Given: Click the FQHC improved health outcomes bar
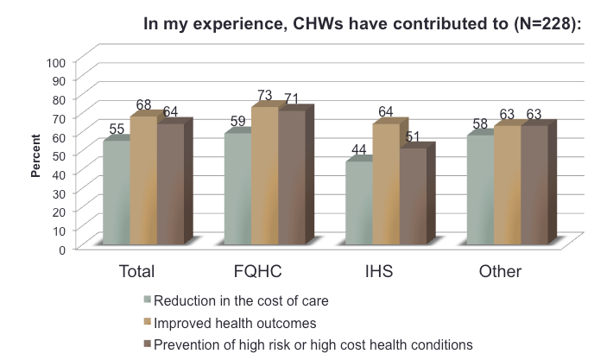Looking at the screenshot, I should pyautogui.click(x=264, y=177).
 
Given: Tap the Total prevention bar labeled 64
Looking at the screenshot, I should pyautogui.click(x=170, y=186).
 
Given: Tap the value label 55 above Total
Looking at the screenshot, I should pyautogui.click(x=116, y=129).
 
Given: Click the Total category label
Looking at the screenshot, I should pyautogui.click(x=136, y=272).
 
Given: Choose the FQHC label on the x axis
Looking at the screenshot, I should pyautogui.click(x=258, y=272).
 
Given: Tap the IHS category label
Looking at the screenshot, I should pyautogui.click(x=379, y=272).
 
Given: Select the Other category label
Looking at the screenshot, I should pyautogui.click(x=500, y=272).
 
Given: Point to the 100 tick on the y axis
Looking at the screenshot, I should pyautogui.click(x=56, y=62).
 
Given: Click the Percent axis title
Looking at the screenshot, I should pyautogui.click(x=36, y=155).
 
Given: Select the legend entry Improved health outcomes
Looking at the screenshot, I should pyautogui.click(x=235, y=323).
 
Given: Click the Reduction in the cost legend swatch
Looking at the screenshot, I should pyautogui.click(x=148, y=300).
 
